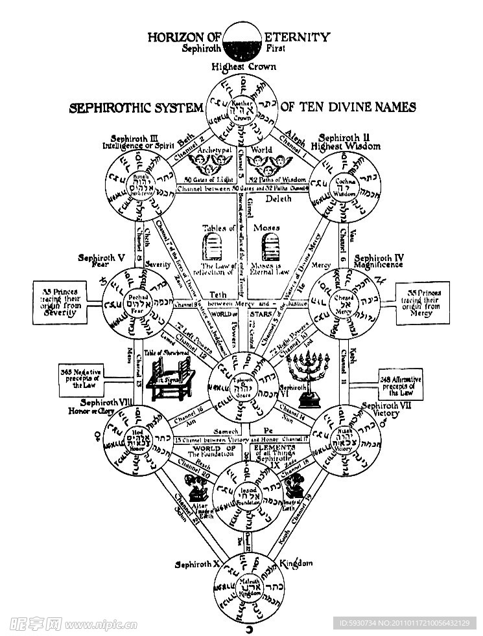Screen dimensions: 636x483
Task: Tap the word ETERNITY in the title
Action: pyautogui.click(x=298, y=37)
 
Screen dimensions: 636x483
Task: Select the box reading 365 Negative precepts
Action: pyautogui.click(x=84, y=380)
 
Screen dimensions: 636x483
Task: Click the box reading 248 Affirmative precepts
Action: pyautogui.click(x=403, y=385)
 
